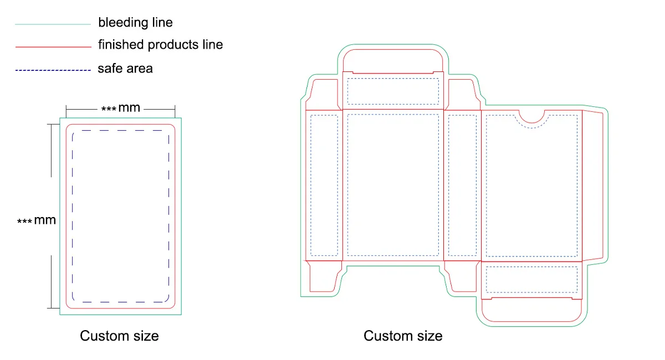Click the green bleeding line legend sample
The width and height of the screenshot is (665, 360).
53,24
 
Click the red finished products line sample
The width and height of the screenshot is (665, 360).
53,47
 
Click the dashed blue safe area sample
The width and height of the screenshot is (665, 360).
53,70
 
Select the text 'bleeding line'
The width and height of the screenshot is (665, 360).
135,23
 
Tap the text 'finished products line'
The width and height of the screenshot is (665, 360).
160,45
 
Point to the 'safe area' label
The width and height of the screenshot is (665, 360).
125,69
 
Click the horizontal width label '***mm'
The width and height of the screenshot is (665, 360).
121,108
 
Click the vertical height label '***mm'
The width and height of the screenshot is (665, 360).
37,220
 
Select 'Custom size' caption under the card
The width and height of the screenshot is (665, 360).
119,336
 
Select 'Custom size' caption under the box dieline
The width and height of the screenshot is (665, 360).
403,336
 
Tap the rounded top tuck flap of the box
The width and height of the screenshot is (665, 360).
392,59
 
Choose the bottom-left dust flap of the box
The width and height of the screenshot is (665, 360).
324,275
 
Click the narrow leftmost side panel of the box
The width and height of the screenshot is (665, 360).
324,186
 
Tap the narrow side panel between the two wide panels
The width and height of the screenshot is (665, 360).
462,186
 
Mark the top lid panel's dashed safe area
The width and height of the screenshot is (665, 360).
392,91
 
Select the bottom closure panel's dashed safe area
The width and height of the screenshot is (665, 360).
531,280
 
